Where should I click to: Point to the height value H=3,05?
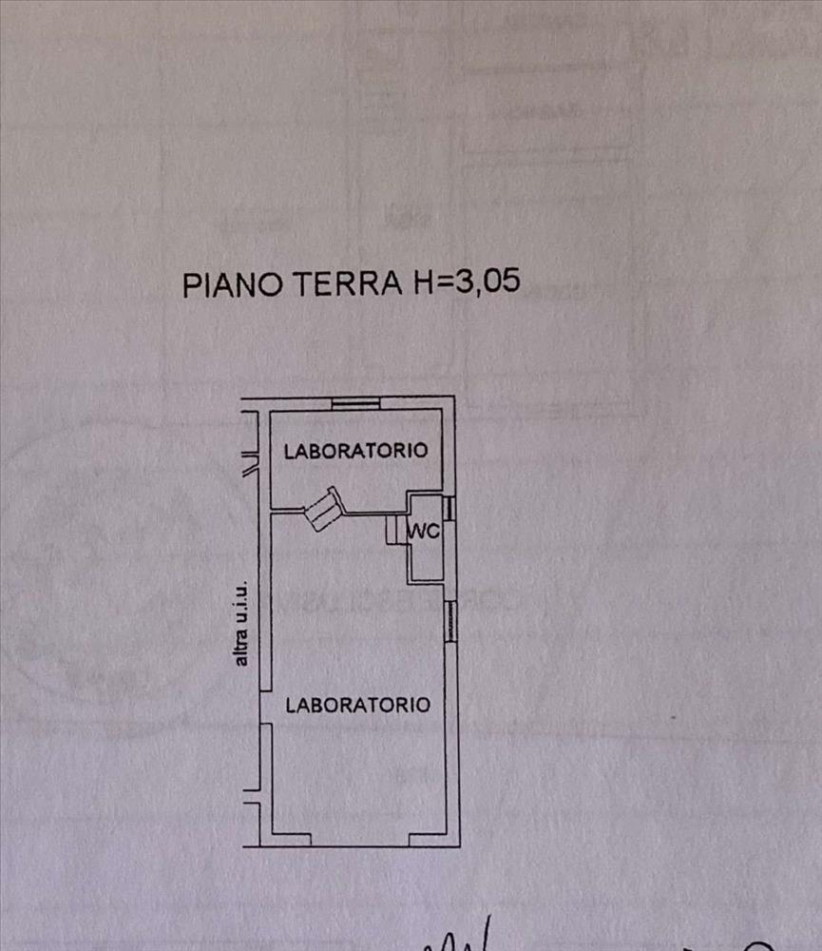465,283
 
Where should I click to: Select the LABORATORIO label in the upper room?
355,451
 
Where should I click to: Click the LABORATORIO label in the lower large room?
358,705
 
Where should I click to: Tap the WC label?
424,533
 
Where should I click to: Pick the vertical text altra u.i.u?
242,622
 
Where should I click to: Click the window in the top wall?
355,403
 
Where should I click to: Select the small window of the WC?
450,508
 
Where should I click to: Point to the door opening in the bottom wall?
360,841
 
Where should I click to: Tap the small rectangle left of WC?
393,531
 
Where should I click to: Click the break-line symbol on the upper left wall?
250,465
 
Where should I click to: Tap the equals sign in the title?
441,284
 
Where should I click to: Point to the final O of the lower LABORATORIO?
424,705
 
